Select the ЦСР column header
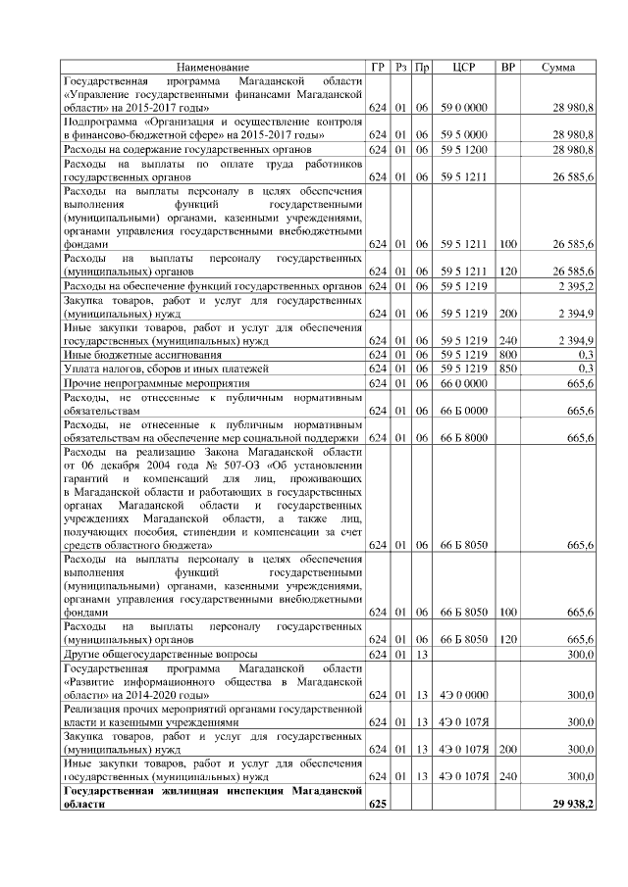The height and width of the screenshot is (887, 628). pos(465,67)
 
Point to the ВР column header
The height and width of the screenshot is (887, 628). pos(507,67)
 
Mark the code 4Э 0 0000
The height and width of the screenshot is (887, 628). pos(464,695)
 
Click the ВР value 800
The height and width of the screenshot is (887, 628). pos(507,353)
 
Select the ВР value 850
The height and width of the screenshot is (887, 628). pos(507,368)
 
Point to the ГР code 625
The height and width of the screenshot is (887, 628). pos(378,804)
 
